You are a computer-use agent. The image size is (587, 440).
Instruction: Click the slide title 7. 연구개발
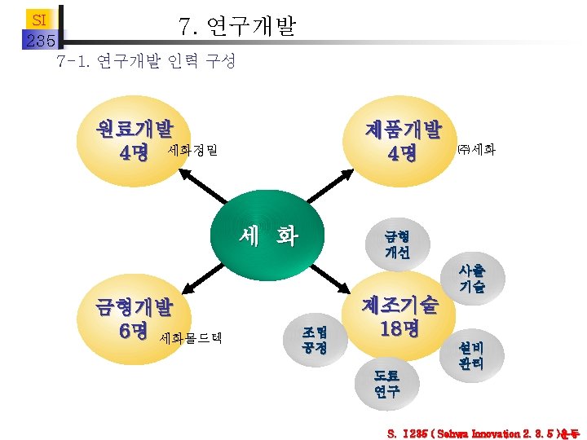pyautogui.click(x=237, y=29)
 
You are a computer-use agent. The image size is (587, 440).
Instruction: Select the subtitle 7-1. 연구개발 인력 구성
pyautogui.click(x=146, y=62)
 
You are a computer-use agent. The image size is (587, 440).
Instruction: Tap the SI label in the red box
pyautogui.click(x=38, y=19)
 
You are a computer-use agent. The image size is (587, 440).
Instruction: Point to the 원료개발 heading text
pyautogui.click(x=135, y=129)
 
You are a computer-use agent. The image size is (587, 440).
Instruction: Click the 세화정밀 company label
pyautogui.click(x=192, y=151)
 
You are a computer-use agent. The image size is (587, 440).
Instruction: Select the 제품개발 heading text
pyautogui.click(x=403, y=129)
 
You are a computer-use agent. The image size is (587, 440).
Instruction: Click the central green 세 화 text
pyautogui.click(x=268, y=237)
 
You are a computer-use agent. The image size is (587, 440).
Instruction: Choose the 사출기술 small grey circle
pyautogui.click(x=471, y=278)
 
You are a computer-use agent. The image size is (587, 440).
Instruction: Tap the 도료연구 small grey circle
pyautogui.click(x=386, y=383)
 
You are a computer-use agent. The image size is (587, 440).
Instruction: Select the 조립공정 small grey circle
pyautogui.click(x=314, y=340)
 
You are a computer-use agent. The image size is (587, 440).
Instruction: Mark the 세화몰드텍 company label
pyautogui.click(x=192, y=337)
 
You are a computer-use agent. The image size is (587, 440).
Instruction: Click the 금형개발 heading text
pyautogui.click(x=135, y=308)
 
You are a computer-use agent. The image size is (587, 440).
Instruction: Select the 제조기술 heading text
pyautogui.click(x=399, y=304)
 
